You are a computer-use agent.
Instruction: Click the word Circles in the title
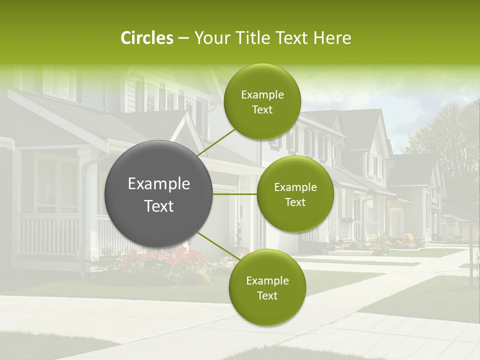point(146,38)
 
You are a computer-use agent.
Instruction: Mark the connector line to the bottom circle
point(217,245)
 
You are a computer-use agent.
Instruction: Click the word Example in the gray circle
point(159,184)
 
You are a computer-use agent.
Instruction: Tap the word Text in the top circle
point(262,110)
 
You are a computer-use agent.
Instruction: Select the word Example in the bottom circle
point(267,281)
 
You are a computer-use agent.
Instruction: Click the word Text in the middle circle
point(295,202)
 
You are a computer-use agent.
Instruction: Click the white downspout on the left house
point(84,210)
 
